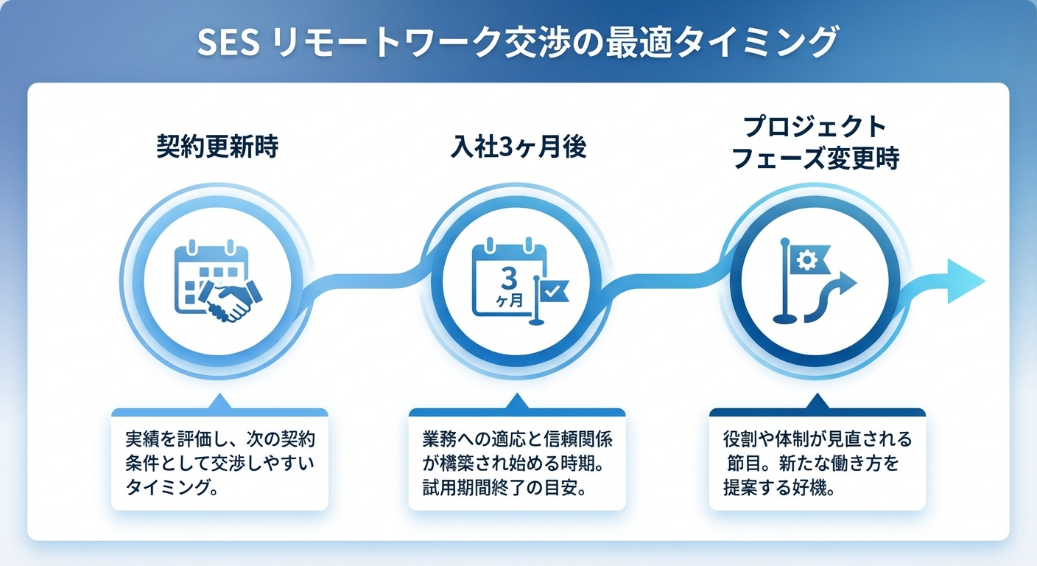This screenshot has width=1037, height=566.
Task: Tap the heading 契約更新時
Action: [218, 147]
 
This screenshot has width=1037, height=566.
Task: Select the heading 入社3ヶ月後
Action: [518, 147]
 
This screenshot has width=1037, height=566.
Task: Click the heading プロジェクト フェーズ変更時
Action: [815, 143]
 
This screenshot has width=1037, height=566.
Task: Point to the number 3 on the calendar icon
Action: [508, 278]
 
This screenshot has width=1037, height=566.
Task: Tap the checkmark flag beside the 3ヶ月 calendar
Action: [550, 292]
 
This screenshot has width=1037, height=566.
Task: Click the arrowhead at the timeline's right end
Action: [965, 281]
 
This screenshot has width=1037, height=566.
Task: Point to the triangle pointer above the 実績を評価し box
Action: [219, 402]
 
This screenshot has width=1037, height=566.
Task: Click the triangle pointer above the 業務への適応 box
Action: [517, 402]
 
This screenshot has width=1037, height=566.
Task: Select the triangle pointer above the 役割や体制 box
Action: [816, 402]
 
